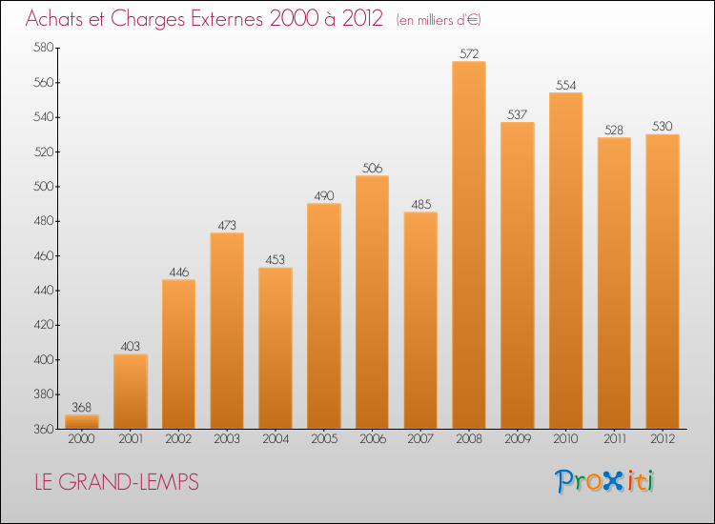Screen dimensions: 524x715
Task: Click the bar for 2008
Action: pos(468,245)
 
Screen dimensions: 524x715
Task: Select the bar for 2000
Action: pos(82,421)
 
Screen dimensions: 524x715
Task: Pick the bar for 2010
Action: pos(565,260)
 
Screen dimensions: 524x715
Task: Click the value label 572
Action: pos(468,53)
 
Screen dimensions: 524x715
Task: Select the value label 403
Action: pos(130,347)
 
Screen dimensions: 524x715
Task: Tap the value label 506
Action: pos(372,168)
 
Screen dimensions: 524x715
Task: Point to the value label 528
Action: pos(614,130)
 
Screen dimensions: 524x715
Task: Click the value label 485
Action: pos(420,204)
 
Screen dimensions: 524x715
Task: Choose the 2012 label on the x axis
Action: pos(663,439)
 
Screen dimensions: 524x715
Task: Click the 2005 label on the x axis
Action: pos(323,439)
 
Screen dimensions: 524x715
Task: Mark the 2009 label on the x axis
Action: pos(517,439)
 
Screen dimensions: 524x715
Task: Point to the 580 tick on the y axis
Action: pos(45,48)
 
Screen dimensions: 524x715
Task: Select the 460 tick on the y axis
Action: pos(45,256)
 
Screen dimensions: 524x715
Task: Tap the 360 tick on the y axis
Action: pos(45,430)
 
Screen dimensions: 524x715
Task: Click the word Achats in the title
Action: pos(56,19)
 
